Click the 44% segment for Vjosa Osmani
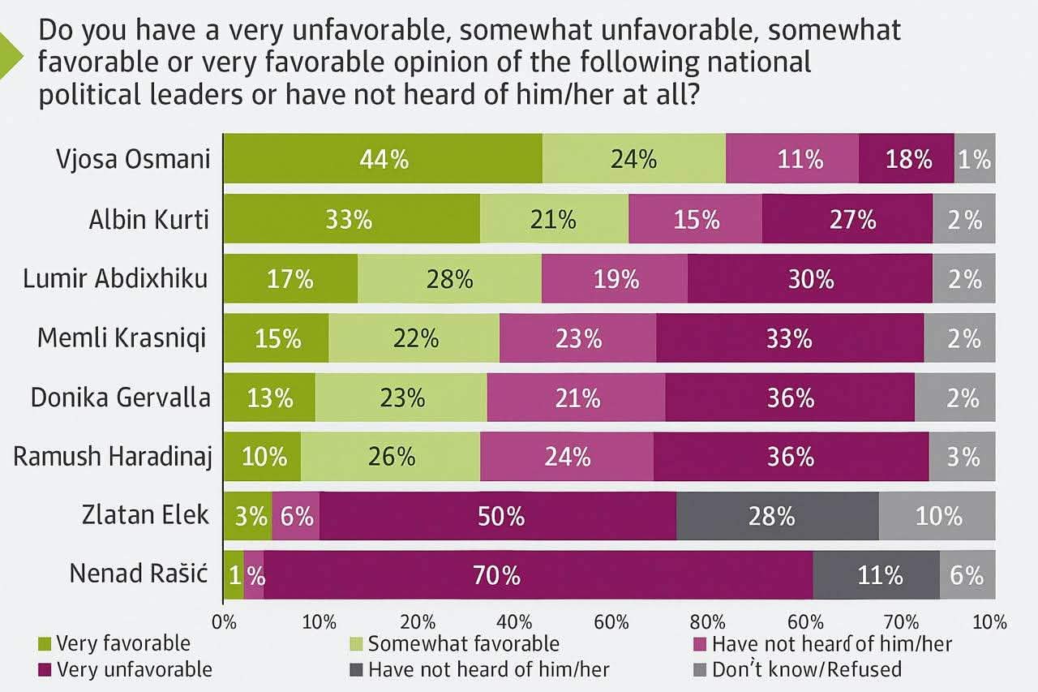[383, 159]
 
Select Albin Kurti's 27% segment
[847, 219]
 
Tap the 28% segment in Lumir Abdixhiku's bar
[449, 279]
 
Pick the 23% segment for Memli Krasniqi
[577, 338]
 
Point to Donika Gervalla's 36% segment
[790, 398]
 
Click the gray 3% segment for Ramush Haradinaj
[962, 457]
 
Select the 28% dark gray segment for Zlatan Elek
[777, 516]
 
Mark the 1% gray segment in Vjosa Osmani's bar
[975, 159]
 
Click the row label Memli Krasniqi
[122, 338]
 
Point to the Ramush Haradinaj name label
[113, 456]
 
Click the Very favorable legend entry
[122, 644]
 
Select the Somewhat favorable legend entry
[463, 644]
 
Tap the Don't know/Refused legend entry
[806, 669]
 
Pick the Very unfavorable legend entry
[134, 669]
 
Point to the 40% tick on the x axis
[513, 623]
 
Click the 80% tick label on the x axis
[707, 623]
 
